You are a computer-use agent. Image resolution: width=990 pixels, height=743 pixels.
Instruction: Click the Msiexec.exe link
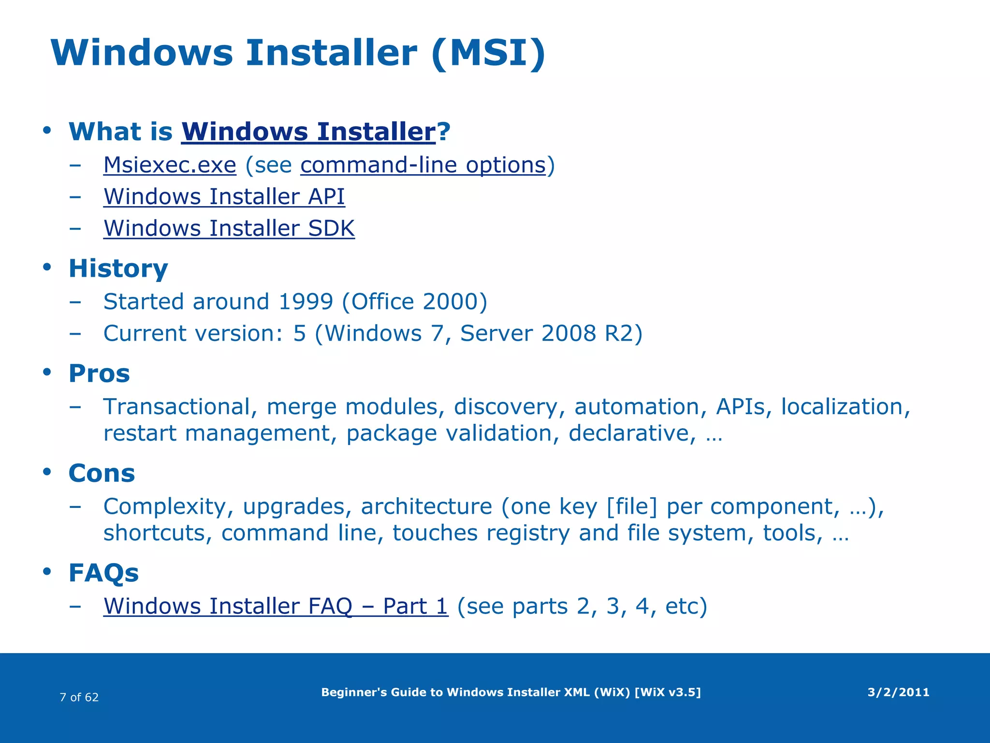click(170, 165)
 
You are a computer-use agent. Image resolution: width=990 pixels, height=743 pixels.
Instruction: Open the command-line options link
click(423, 165)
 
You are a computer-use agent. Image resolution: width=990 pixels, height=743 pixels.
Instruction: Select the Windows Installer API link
click(224, 197)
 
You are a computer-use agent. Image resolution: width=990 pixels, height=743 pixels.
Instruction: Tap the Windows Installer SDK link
click(229, 228)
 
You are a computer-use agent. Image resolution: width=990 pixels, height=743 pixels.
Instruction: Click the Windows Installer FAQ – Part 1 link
click(276, 606)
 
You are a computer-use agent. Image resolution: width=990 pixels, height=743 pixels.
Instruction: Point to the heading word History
click(118, 268)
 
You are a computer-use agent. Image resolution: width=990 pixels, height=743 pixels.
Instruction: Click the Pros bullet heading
click(99, 373)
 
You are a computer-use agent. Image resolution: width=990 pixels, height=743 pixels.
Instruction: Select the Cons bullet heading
click(102, 473)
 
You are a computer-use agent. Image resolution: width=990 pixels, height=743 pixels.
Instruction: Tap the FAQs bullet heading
click(103, 573)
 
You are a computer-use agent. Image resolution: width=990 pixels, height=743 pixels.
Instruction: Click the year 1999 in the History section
click(306, 302)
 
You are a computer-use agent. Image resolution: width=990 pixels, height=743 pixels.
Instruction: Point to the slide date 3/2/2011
click(898, 692)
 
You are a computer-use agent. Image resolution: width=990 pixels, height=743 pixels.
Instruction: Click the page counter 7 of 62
click(79, 697)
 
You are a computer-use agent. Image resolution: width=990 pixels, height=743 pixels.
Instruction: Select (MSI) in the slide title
click(488, 53)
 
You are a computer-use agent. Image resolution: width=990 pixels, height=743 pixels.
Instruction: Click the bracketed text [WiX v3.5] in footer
click(667, 692)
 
